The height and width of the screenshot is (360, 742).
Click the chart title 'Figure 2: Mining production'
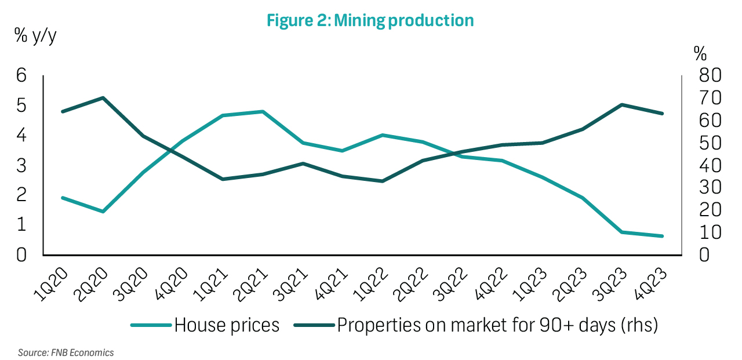tap(370, 21)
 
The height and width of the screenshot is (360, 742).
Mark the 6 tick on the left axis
tap(21, 75)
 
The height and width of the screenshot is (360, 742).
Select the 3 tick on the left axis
tap(21, 165)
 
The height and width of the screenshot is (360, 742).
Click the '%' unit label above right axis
tap(700, 54)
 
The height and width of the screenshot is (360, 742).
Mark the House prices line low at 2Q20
tap(103, 212)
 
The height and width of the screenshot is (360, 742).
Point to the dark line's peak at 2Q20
tap(103, 97)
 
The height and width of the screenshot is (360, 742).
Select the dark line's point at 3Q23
tap(622, 105)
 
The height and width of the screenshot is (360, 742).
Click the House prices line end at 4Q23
tap(662, 236)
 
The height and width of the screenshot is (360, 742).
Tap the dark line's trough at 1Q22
tap(383, 181)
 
